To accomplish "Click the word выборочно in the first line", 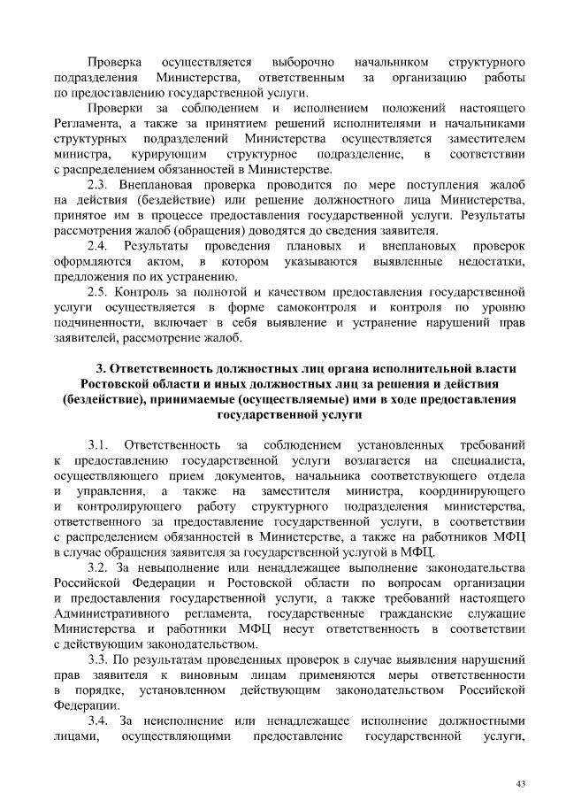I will tap(303, 62).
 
